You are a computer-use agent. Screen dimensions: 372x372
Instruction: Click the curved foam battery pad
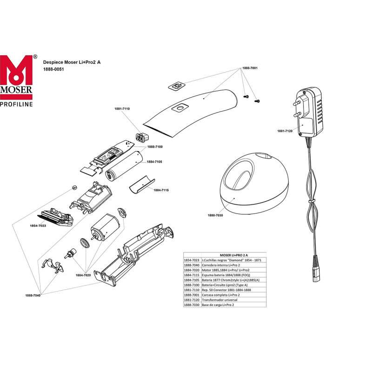(139, 185)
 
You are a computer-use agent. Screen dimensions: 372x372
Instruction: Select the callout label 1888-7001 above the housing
(250, 68)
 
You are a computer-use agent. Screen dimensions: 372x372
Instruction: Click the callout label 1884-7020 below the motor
(83, 275)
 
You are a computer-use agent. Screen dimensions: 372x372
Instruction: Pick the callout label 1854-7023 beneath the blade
(38, 225)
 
